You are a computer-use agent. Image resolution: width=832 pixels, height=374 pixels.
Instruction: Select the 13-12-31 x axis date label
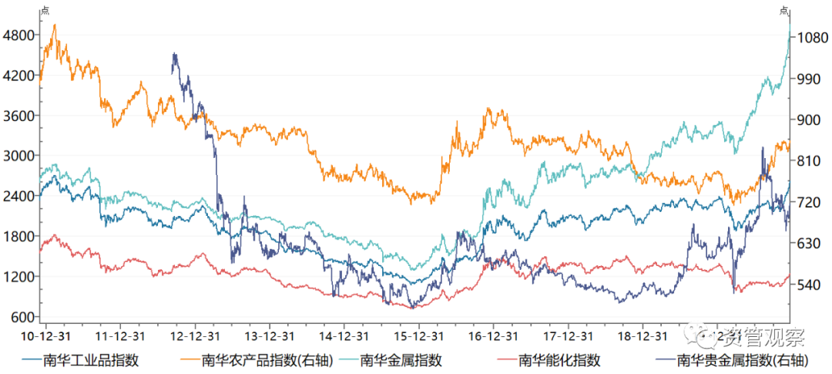click(269, 336)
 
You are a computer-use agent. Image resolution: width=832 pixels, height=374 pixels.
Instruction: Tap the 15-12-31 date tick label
click(419, 336)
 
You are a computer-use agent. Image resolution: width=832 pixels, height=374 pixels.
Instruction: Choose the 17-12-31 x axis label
click(569, 336)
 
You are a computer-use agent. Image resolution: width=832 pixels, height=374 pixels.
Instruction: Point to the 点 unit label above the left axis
click(45, 10)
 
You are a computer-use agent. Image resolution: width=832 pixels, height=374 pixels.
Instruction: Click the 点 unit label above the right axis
click(784, 10)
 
